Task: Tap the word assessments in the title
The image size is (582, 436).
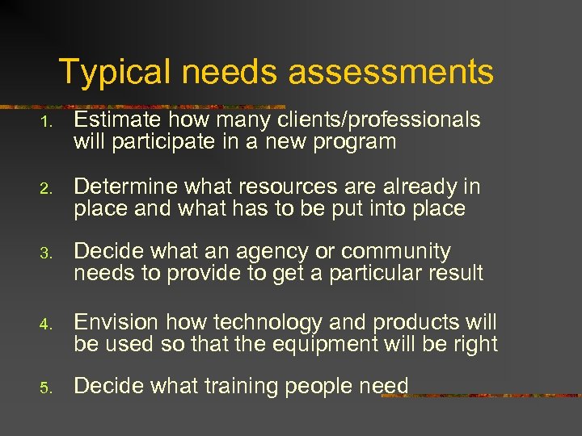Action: click(390, 72)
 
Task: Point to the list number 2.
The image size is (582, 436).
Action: click(48, 189)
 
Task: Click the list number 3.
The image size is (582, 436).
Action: click(48, 254)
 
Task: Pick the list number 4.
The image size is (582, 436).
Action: click(48, 325)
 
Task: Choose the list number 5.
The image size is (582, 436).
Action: click(48, 388)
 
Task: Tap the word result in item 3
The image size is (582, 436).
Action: click(453, 273)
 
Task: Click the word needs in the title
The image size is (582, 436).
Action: click(232, 72)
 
